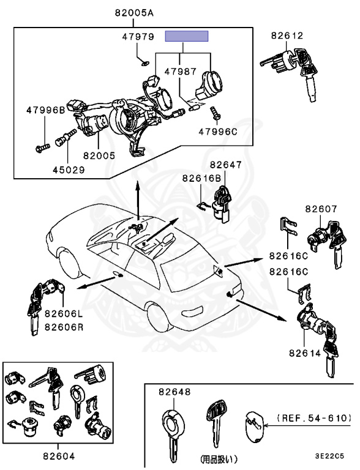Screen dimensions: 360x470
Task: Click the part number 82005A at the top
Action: click(134, 13)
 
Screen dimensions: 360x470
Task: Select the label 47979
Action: click(138, 37)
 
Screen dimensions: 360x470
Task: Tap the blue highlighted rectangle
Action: click(187, 36)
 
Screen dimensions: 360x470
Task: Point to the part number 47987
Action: click(180, 72)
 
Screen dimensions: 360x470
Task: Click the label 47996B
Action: click(45, 110)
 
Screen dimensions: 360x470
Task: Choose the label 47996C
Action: click(218, 132)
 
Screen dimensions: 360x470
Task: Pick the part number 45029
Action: click(69, 170)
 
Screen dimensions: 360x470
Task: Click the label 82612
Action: click(287, 35)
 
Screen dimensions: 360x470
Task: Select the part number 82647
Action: click(225, 165)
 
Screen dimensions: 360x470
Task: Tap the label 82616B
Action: click(201, 178)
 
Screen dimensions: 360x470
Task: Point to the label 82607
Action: click(321, 209)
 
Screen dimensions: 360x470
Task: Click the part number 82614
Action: click(305, 353)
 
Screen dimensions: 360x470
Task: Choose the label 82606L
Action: click(64, 314)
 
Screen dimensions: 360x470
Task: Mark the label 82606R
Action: click(64, 327)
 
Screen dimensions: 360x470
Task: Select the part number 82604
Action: click(59, 457)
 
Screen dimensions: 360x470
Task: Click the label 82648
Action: click(174, 392)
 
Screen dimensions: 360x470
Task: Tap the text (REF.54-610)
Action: click(314, 418)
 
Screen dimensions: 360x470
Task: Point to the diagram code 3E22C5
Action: click(329, 456)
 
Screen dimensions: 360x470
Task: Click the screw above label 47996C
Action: click(216, 114)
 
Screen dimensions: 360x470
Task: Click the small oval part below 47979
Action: click(146, 63)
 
